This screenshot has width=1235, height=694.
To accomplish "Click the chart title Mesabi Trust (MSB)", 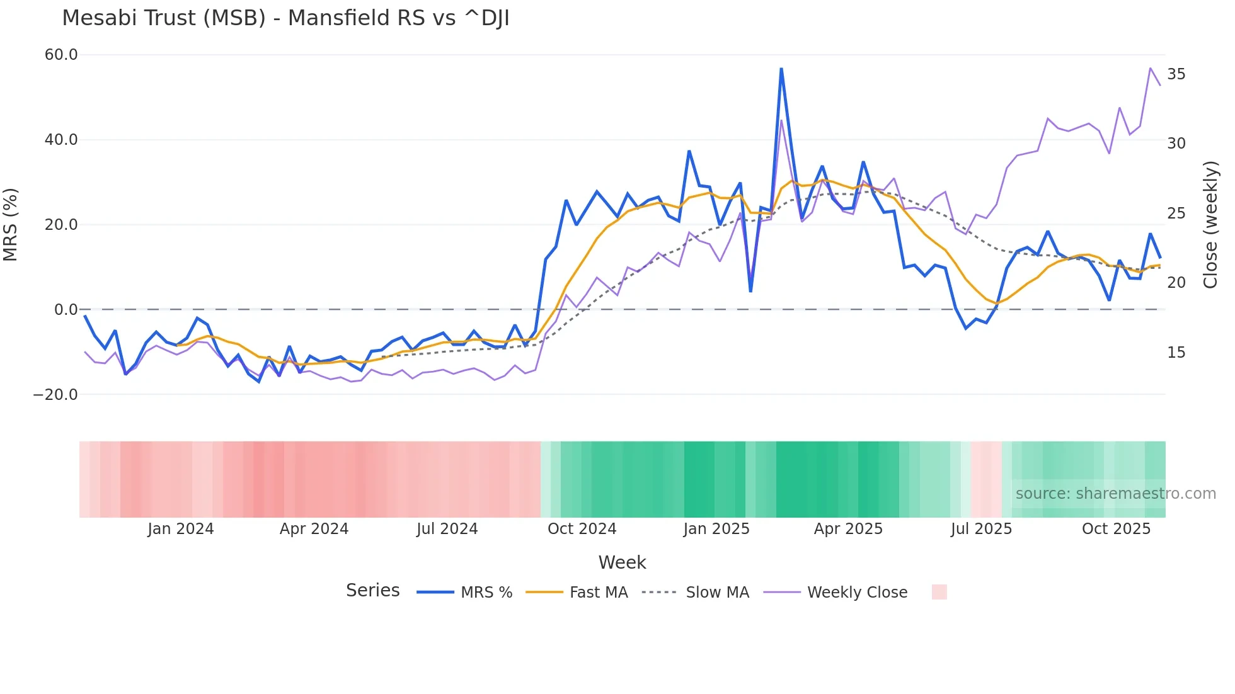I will pos(285,18).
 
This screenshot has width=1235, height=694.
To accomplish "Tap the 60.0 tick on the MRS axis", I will pos(61,55).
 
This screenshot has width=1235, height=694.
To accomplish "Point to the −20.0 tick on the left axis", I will pos(56,395).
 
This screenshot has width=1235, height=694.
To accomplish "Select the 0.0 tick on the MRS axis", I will pos(66,310).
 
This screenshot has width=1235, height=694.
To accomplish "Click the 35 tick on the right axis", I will pos(1176,74).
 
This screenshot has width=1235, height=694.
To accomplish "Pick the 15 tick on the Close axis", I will pos(1176,353).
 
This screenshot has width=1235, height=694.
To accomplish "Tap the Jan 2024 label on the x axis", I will pos(181,529).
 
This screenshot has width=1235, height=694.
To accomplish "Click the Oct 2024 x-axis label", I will pos(582,529).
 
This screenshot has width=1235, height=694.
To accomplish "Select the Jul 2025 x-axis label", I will pos(981,529).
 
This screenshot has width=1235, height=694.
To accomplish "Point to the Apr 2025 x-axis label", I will pos(848,529).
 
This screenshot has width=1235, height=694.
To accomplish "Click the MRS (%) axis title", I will pos(11,225).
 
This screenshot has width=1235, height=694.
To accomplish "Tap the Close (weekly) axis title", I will pos(1210,225).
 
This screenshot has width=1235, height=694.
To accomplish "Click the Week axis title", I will pos(622,562).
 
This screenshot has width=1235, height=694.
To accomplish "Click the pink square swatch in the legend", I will pos(939,592).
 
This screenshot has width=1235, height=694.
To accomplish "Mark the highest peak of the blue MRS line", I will pos(781,69).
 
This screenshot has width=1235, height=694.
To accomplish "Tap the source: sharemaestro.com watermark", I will pos(1115,494).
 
